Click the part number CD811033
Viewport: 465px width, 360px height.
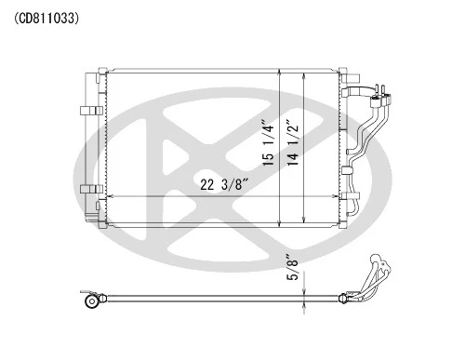click(x=46, y=19)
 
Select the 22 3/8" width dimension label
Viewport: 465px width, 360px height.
click(x=225, y=185)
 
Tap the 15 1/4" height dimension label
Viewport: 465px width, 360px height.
click(x=268, y=143)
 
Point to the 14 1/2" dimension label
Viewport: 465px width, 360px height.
click(x=293, y=143)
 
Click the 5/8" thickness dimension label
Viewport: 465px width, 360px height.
click(x=293, y=268)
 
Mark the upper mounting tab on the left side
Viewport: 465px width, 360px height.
click(x=91, y=111)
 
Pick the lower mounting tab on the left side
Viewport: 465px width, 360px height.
click(x=91, y=189)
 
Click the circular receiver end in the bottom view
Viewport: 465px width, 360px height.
click(x=92, y=301)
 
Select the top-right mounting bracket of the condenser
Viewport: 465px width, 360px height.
click(x=351, y=78)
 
